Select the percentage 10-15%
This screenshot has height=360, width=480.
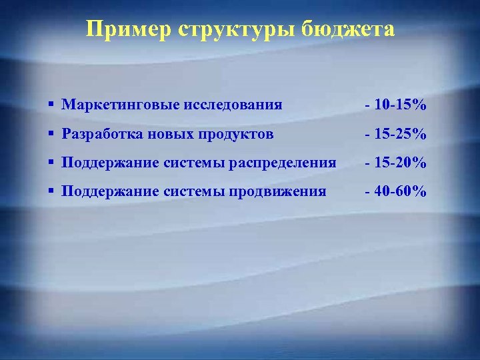400,105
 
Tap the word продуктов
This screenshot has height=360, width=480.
230,134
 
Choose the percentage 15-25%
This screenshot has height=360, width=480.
400,135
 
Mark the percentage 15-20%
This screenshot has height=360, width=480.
400,163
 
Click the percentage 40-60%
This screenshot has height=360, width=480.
400,192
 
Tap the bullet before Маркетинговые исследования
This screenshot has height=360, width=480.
51,105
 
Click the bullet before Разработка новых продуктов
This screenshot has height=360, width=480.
51,134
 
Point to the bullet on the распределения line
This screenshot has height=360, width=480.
51,163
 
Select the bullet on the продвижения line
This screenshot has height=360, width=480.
51,191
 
